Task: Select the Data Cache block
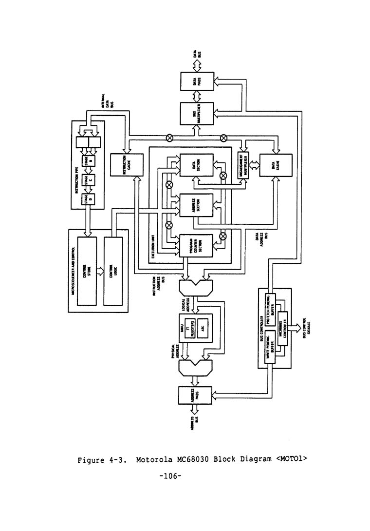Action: point(275,169)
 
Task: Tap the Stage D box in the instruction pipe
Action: point(91,199)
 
